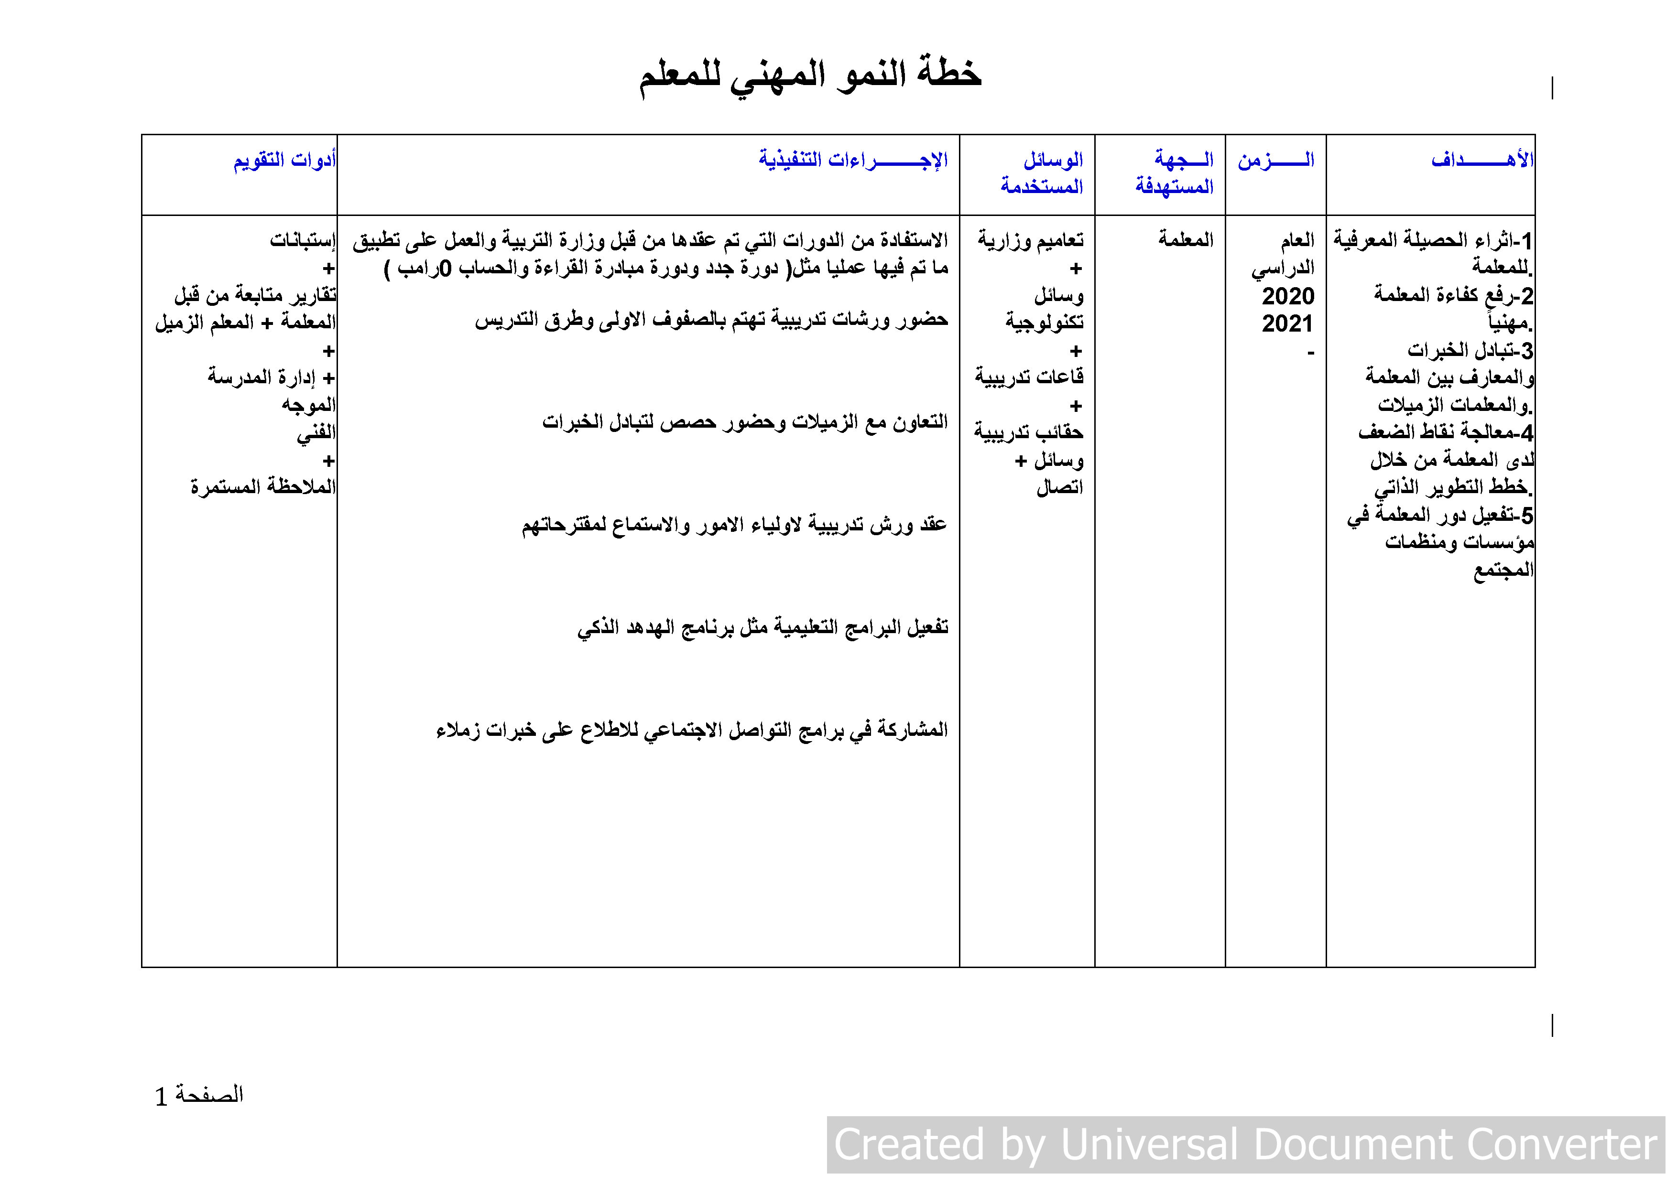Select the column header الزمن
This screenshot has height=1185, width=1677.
[1275, 160]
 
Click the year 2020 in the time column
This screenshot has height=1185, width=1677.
[1288, 296]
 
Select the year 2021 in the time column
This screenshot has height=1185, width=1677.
[1288, 323]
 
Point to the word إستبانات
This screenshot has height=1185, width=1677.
[303, 239]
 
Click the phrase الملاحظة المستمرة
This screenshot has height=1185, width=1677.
[263, 487]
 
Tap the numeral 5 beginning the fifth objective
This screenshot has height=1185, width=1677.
[1526, 516]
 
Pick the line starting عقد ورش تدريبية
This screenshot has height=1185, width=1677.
[734, 525]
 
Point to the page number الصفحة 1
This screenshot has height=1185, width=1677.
[199, 1095]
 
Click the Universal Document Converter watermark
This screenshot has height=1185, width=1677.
[1245, 1144]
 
